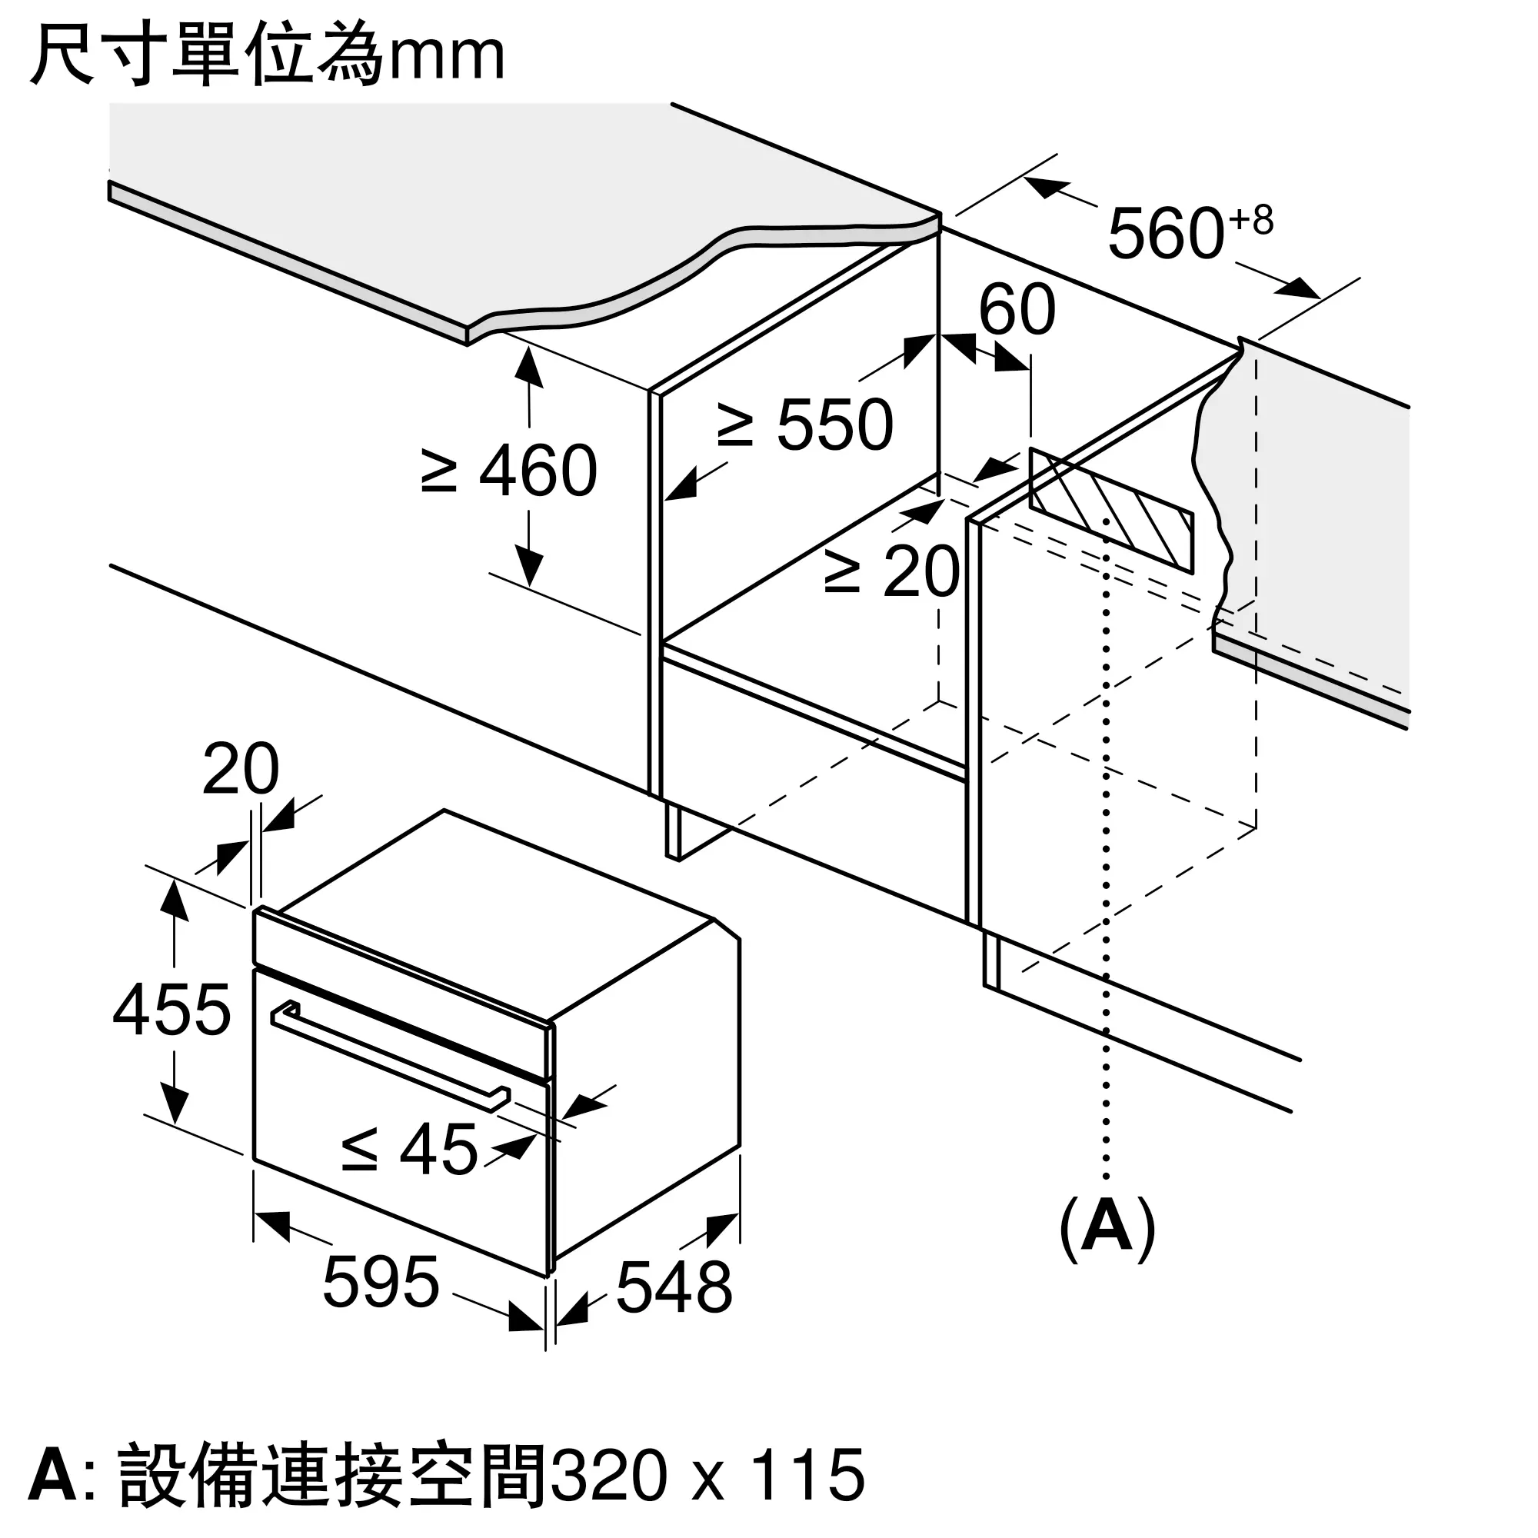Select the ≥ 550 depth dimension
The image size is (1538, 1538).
[x=806, y=425]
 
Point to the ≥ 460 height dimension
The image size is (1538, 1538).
[x=510, y=471]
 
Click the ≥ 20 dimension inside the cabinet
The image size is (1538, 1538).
[x=892, y=571]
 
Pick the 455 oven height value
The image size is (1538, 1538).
[x=172, y=1010]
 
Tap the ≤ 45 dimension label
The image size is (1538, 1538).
[x=409, y=1150]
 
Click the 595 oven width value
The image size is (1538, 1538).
[x=381, y=1282]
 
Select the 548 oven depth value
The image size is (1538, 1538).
[x=674, y=1287]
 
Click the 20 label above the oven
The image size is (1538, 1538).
[x=241, y=769]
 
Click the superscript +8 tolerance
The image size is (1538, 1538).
[x=1250, y=221]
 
